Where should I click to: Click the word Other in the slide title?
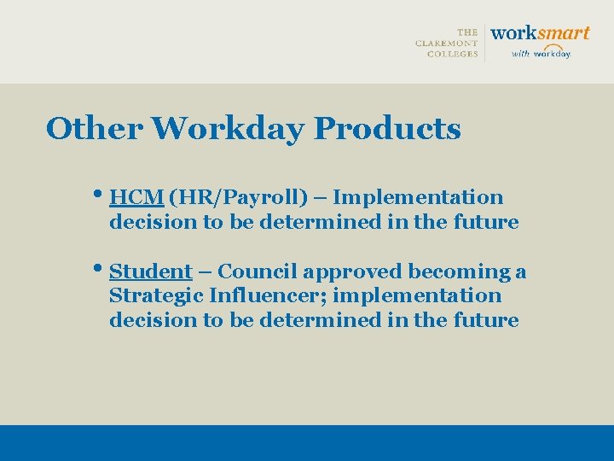[95, 129]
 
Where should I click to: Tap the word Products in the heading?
[387, 129]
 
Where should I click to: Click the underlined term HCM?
[136, 197]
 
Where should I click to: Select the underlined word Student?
[151, 271]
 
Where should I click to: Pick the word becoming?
[460, 272]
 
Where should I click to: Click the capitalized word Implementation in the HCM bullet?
[418, 197]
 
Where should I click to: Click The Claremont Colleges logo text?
[447, 43]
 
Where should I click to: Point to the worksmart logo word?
[540, 33]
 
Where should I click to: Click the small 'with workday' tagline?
[541, 53]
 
